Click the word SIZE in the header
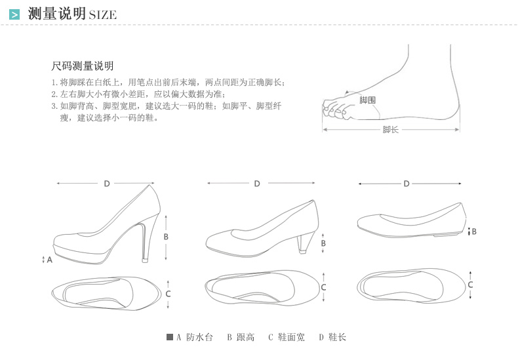tap(102, 15)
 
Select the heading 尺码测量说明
tap(83, 66)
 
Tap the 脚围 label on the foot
tap(367, 100)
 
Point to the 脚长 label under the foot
tap(390, 129)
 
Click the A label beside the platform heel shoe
tap(49, 260)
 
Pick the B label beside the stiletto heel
tap(167, 237)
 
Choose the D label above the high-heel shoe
tap(107, 184)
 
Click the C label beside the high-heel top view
tap(168, 294)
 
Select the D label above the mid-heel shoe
tap(257, 184)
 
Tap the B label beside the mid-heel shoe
tap(323, 244)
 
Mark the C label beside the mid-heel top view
tap(323, 287)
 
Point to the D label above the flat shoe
tap(407, 184)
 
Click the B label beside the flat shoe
tap(474, 231)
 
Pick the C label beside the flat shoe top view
tap(471, 285)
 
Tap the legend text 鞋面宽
tap(291, 338)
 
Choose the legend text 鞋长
tap(337, 338)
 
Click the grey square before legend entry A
tap(170, 337)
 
